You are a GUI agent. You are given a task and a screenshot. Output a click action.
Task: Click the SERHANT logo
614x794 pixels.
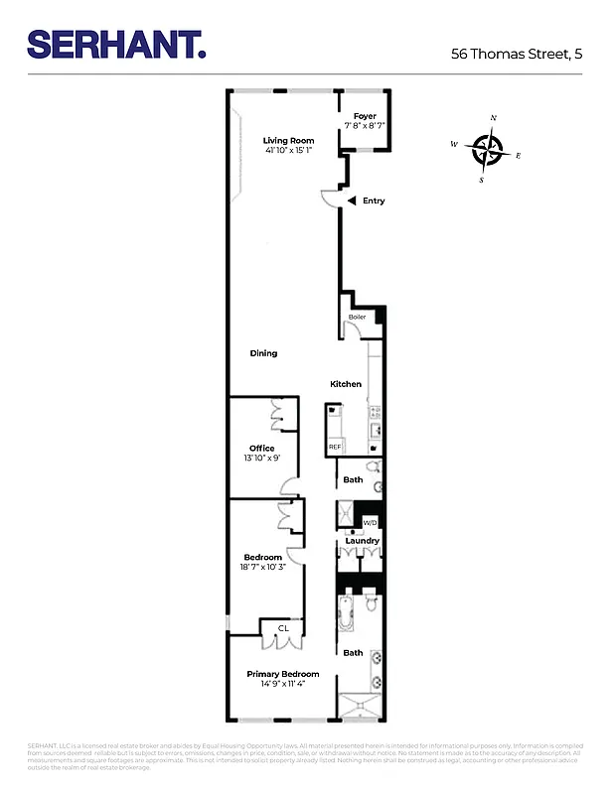click(116, 44)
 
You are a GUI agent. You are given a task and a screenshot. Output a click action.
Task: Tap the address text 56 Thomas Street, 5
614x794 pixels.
click(516, 55)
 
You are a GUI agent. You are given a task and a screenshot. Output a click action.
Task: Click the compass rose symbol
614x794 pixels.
click(487, 150)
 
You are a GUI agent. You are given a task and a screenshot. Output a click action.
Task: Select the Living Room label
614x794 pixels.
click(288, 141)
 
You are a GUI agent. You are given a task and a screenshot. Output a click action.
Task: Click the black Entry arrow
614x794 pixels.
click(352, 200)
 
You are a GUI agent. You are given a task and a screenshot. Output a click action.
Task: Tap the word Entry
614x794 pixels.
click(374, 201)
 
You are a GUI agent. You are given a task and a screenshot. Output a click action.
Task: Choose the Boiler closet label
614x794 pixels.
click(357, 318)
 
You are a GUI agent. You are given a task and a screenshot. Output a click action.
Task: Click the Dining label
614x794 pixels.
click(263, 353)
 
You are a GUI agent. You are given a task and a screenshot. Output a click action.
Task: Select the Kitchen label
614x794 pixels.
click(346, 384)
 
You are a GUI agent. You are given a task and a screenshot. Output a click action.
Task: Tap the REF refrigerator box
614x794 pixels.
click(335, 448)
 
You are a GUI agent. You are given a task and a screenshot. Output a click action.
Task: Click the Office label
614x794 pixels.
click(261, 449)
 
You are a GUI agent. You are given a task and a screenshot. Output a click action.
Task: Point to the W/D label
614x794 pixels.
click(370, 522)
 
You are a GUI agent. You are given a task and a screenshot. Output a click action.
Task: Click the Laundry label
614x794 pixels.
click(362, 541)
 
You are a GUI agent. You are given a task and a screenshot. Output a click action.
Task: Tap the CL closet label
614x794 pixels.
click(282, 627)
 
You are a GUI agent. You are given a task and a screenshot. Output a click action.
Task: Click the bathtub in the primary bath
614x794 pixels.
click(347, 613)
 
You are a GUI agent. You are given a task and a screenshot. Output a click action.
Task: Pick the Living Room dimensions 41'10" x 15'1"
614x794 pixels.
click(288, 151)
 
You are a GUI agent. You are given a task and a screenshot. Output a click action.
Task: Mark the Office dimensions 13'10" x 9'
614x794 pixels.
click(261, 459)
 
